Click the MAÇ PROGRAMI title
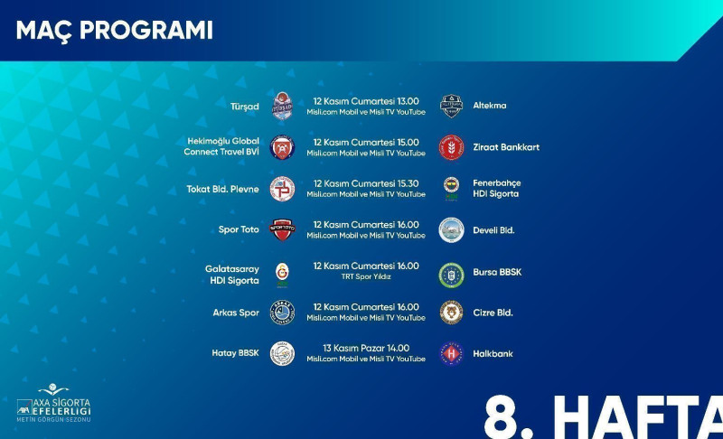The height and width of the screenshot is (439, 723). point(115,31)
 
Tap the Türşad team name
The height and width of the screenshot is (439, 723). point(244,107)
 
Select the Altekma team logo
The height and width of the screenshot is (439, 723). point(451,106)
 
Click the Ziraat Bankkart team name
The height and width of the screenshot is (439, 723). point(506,147)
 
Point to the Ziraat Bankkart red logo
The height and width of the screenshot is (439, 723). point(451,147)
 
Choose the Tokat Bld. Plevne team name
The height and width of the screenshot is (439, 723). point(222,189)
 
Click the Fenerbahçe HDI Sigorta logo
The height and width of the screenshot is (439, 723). point(451,189)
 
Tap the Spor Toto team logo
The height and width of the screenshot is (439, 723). point(282,229)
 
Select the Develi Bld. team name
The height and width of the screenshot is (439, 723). point(493,230)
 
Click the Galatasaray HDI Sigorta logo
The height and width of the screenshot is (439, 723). point(282,275)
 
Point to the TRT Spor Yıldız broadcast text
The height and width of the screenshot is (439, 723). point(366,276)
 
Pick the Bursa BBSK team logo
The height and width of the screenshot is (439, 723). point(451,275)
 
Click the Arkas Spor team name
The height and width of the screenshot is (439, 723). point(236,313)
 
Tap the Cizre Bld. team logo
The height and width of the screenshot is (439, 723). point(451,313)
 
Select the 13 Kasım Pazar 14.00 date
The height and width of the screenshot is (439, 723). point(366,349)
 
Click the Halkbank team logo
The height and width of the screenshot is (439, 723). point(451,354)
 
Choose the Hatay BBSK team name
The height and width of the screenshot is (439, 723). point(235,353)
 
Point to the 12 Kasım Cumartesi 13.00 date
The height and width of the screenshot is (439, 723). point(366,101)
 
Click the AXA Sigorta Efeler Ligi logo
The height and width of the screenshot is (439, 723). point(53,403)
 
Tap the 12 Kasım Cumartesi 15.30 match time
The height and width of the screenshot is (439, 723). point(366,183)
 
